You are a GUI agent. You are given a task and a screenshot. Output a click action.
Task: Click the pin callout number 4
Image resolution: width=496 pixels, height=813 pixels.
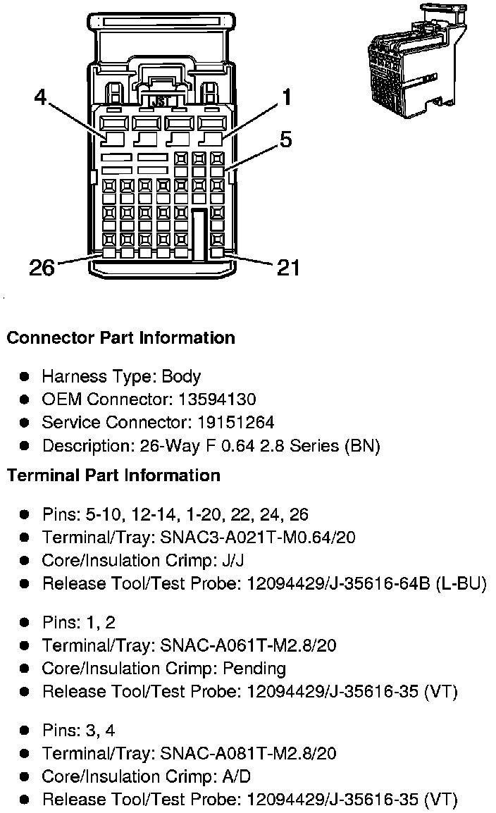click(40, 97)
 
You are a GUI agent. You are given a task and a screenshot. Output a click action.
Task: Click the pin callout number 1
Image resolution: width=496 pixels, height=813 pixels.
click(287, 97)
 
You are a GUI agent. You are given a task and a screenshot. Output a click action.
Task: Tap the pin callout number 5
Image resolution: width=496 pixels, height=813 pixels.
click(285, 139)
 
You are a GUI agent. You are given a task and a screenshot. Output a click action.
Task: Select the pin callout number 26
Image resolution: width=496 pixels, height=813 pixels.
click(42, 268)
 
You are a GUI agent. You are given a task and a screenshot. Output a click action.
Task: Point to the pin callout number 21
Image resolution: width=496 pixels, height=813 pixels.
click(287, 268)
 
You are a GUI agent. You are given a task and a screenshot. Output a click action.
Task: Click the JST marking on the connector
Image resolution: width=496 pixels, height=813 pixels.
click(161, 101)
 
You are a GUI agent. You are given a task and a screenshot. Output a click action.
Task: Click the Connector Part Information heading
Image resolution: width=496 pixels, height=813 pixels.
click(120, 338)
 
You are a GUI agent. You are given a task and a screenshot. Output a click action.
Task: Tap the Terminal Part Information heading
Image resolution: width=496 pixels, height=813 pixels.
click(113, 476)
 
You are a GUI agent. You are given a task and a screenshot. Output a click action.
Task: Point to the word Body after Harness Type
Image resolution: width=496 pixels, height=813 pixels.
click(181, 376)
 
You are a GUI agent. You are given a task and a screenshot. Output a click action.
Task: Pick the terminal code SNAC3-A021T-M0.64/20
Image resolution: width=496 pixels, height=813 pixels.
click(258, 538)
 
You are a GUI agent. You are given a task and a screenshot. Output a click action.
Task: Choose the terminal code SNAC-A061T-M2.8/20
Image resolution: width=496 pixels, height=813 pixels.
click(249, 645)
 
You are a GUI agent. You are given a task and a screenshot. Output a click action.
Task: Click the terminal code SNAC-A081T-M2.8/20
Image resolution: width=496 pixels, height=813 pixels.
click(249, 753)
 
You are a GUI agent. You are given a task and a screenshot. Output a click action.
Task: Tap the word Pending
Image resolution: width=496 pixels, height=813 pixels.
click(252, 669)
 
